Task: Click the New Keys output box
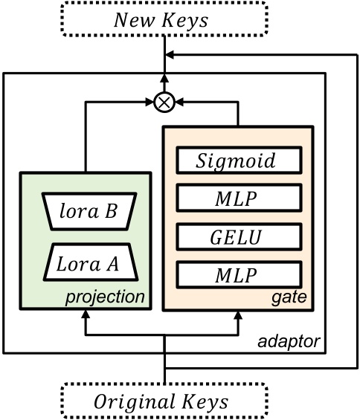coord(163,19)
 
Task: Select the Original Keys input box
coord(164,402)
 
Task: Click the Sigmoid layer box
coord(238,160)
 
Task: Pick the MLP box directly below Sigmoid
coord(238,198)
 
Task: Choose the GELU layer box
coord(238,237)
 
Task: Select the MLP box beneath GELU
coord(238,276)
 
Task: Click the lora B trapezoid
coord(86,213)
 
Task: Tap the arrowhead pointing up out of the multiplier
coord(163,78)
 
